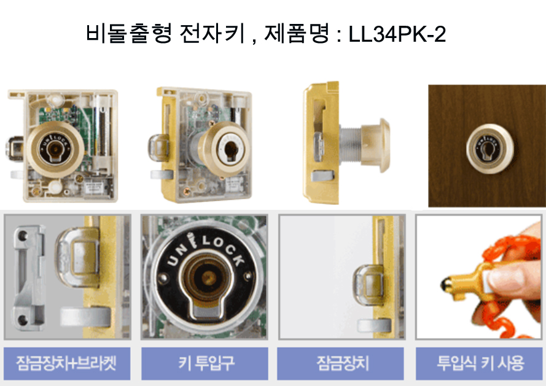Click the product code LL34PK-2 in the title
point(397,34)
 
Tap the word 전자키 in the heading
point(212,34)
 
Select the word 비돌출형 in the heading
point(129,34)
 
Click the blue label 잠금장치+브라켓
point(66,363)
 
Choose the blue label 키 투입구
point(205,363)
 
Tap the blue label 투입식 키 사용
point(479,363)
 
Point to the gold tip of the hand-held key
point(446,285)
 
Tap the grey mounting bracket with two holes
point(28,279)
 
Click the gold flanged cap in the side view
point(376,145)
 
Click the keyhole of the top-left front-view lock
point(55,149)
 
